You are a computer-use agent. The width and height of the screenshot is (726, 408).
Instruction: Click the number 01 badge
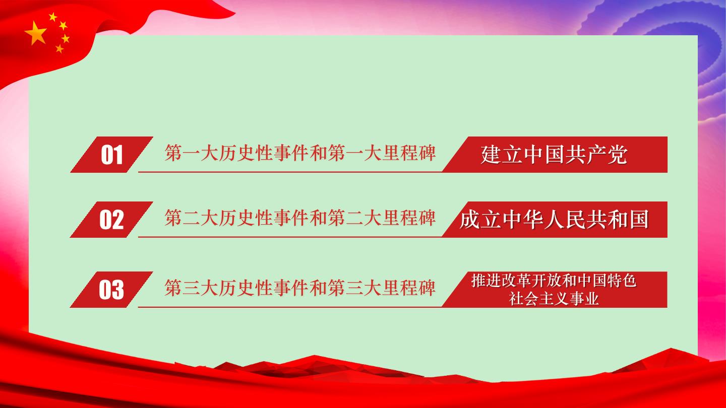point(111,155)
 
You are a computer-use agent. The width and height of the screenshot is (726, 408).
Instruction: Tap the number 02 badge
point(111,220)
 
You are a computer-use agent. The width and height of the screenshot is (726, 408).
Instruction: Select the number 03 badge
point(111,290)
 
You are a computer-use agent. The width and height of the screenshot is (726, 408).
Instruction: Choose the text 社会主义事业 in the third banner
point(554,299)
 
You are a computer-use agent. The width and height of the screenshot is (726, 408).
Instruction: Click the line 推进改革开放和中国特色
point(554,281)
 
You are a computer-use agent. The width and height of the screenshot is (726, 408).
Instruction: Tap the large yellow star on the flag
point(36,33)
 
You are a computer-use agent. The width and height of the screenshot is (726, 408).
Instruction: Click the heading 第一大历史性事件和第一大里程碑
point(300,153)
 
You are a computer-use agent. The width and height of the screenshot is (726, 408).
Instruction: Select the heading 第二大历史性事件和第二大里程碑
point(300,218)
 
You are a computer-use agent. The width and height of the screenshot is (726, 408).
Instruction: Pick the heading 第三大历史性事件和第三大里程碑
point(300,288)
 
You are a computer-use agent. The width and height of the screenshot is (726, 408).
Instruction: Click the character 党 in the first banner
point(618,155)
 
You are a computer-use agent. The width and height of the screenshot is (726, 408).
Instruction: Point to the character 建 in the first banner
point(491,155)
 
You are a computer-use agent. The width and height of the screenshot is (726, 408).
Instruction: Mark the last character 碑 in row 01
point(427,153)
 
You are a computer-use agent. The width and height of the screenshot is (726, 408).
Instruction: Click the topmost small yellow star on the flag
point(53,17)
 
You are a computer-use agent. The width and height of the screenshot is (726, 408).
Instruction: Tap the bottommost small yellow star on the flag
point(59,48)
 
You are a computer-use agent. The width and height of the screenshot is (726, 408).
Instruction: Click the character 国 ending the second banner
point(638,220)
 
